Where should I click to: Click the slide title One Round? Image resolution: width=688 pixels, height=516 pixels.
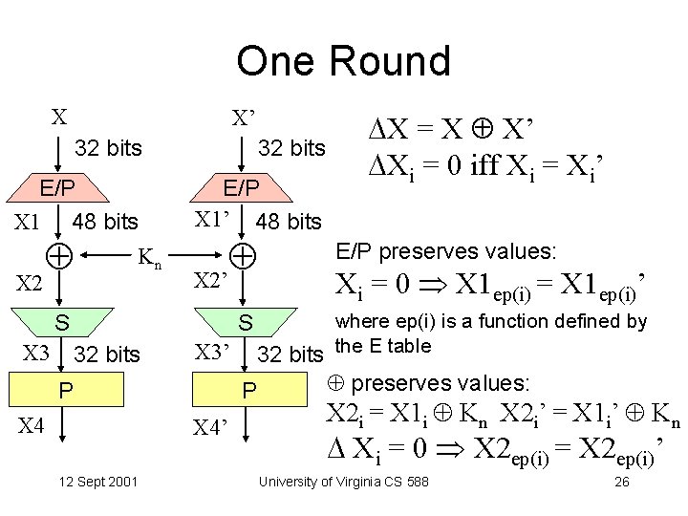coord(343,61)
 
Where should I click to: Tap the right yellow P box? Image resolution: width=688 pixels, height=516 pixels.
coord(247,391)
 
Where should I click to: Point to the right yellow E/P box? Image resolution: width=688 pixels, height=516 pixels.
coord(241,186)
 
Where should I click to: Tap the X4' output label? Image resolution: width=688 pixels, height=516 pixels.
coord(213,427)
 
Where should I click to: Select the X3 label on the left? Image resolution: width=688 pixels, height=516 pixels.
coord(35,354)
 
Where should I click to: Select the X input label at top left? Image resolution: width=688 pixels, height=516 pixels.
coord(59,118)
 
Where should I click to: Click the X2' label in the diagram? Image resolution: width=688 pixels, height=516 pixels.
coord(211,281)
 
